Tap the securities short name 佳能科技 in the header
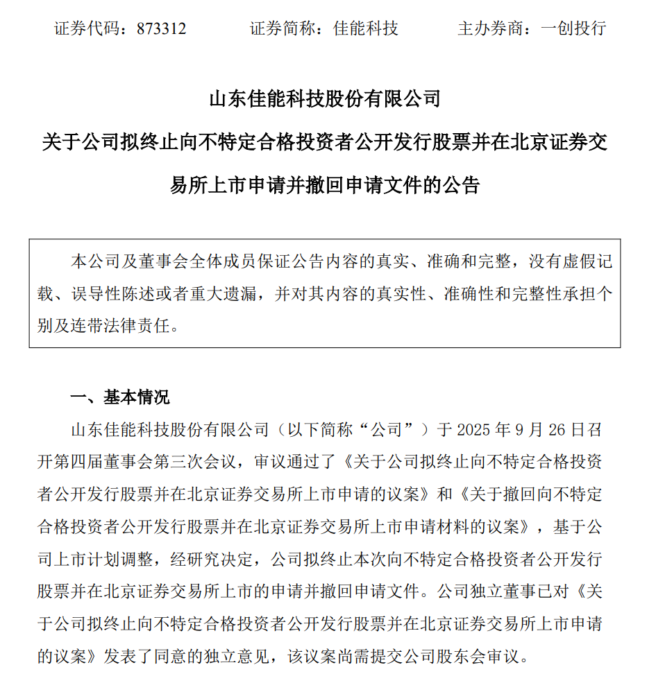point(366,28)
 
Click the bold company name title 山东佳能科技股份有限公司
point(325,99)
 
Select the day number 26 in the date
point(553,429)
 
